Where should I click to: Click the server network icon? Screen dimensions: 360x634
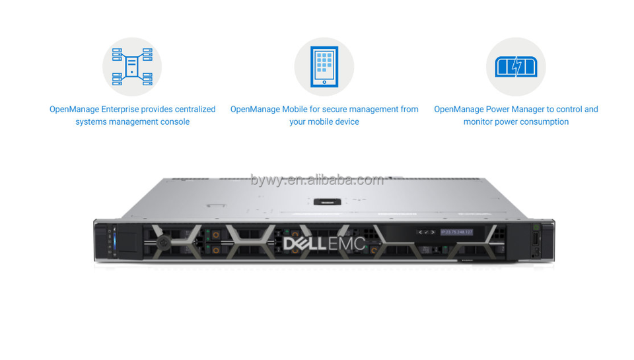click(132, 67)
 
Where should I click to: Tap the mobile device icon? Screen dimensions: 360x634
click(324, 67)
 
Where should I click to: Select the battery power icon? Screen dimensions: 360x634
click(516, 67)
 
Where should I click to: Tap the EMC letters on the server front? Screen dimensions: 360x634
click(351, 243)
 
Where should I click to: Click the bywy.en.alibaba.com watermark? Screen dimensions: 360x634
click(317, 180)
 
